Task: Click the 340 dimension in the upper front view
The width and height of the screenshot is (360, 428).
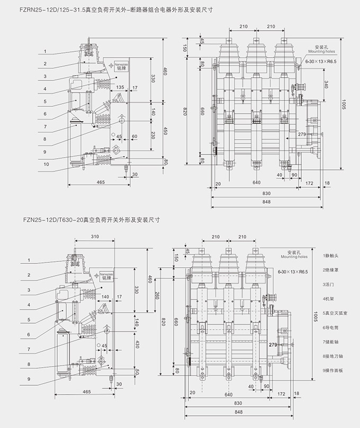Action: click(326, 85)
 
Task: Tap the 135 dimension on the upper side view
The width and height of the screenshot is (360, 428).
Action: click(120, 87)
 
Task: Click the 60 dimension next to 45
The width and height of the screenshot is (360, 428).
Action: click(134, 136)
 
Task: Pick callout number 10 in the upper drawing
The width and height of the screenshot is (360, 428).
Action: click(46, 164)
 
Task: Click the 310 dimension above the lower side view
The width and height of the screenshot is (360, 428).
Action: click(95, 235)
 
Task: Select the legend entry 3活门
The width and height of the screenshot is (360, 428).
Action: click(330, 284)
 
